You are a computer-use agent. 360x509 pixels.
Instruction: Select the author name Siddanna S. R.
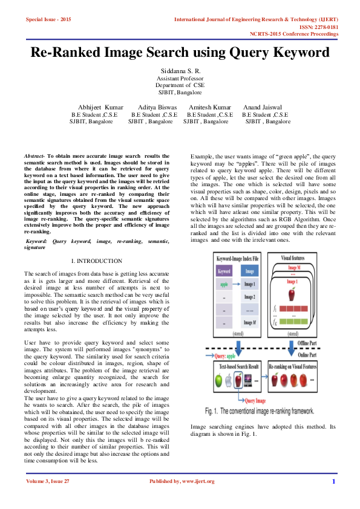click(180, 72)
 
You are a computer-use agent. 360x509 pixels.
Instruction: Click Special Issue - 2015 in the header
click(48, 19)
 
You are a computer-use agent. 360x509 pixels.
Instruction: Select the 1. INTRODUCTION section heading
click(97, 261)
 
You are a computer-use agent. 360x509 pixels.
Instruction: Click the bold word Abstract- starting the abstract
click(34, 156)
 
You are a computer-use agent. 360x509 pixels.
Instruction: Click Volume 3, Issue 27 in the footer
click(48, 481)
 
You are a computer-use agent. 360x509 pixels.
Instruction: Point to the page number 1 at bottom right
click(333, 481)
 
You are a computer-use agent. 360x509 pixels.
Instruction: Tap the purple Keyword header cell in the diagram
click(224, 271)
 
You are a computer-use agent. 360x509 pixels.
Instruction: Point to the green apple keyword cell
click(224, 284)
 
